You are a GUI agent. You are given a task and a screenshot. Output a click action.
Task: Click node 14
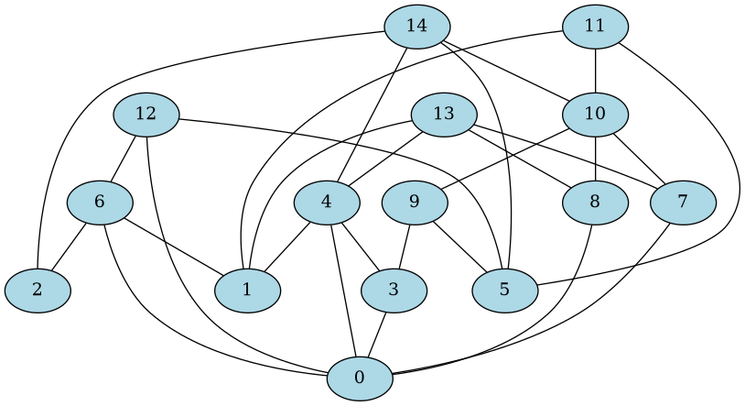[x=417, y=26]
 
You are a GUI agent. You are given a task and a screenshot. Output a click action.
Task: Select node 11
[x=595, y=26]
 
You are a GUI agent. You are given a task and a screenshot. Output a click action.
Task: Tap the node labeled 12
[x=146, y=114]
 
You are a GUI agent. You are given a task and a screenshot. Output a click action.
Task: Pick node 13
[x=444, y=114]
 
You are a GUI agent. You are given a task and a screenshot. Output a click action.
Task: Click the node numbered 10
[x=595, y=114]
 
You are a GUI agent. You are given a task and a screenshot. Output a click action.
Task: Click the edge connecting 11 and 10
[x=595, y=70]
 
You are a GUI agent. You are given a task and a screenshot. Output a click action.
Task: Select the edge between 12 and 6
[x=124, y=157]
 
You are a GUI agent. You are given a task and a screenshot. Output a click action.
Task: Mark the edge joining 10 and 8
[x=595, y=158]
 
